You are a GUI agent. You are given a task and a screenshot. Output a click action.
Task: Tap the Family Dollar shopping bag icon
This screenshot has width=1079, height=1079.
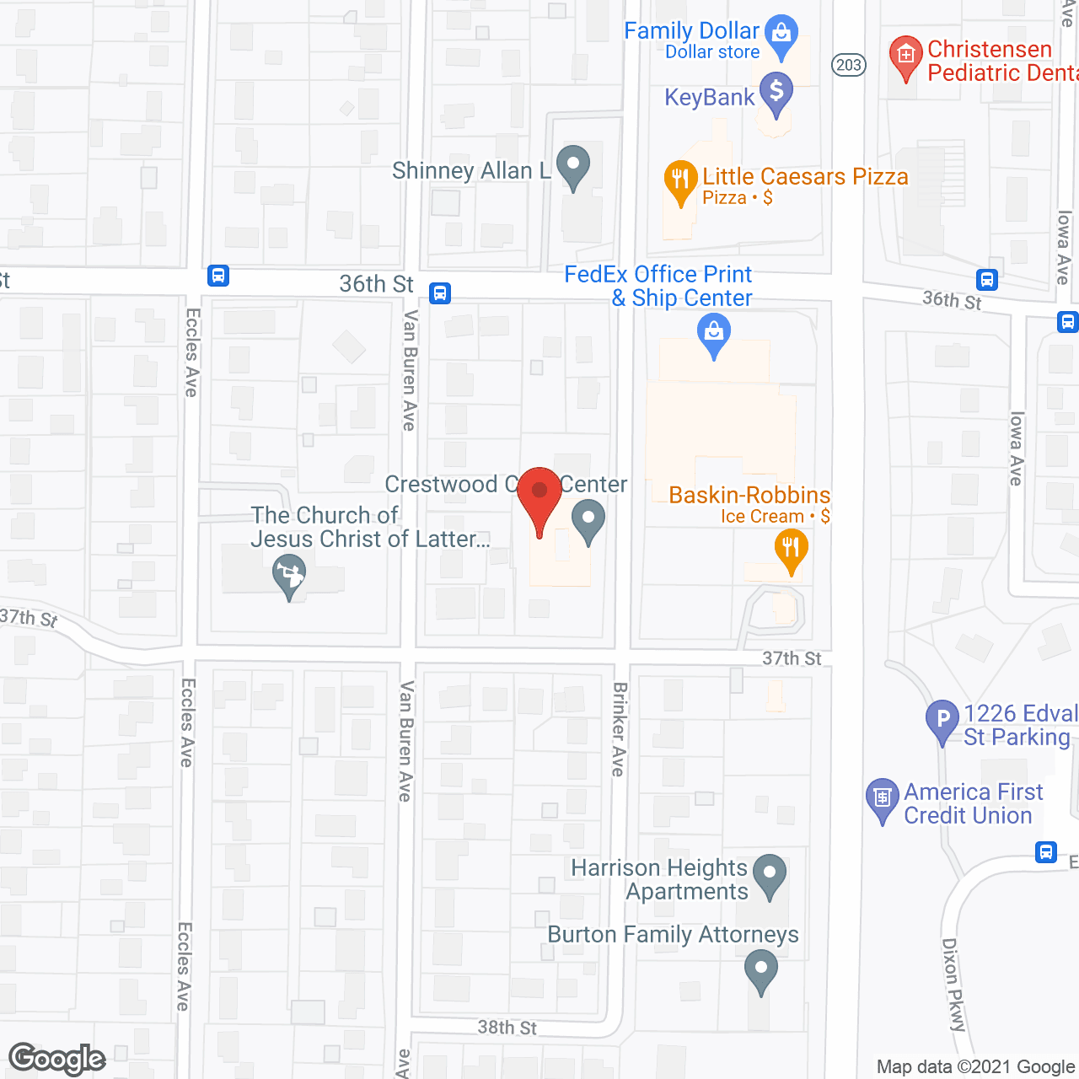[781, 35]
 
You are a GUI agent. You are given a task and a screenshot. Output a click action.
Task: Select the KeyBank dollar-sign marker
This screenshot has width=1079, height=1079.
[776, 90]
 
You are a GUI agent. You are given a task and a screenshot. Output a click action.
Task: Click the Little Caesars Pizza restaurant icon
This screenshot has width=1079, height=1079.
[680, 179]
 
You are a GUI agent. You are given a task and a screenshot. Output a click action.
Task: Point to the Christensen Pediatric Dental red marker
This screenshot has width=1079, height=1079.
[905, 56]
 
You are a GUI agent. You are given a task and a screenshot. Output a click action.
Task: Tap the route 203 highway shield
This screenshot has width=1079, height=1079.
[849, 65]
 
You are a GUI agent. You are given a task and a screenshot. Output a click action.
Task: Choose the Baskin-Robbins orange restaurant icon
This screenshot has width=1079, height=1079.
[791, 548]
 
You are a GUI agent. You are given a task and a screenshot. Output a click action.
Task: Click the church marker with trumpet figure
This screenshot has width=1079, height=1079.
[289, 577]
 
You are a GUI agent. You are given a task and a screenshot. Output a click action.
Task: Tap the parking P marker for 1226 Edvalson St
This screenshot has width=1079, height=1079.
[942, 719]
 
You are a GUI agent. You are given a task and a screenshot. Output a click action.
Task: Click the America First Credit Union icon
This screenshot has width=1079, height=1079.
[883, 797]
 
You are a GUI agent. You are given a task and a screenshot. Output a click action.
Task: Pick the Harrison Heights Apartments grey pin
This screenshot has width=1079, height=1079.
[769, 873]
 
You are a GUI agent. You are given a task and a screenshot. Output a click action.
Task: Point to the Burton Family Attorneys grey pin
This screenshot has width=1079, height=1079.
[761, 969]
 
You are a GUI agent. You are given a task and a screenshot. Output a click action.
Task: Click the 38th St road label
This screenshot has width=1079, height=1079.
[507, 1028]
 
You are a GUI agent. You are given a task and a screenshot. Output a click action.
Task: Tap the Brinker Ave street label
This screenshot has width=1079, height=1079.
[620, 729]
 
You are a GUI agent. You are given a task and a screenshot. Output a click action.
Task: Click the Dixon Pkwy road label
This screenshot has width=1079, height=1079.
[953, 985]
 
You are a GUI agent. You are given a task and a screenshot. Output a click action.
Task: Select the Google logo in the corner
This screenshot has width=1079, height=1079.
[57, 1059]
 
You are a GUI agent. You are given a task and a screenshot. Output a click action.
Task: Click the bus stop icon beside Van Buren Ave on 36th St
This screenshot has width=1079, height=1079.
[440, 293]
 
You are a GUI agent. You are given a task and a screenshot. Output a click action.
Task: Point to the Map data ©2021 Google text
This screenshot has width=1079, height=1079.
[975, 1066]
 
